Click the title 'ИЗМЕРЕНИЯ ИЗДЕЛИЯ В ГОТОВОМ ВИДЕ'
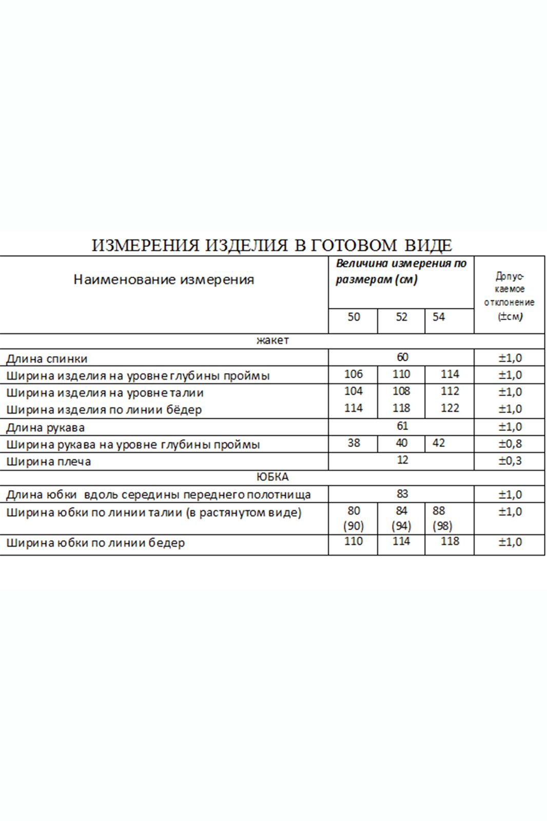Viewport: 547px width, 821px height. tap(272, 245)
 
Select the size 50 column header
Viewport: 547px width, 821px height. tap(354, 317)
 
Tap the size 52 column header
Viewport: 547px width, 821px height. tap(401, 317)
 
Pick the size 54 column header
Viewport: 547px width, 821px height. tap(438, 317)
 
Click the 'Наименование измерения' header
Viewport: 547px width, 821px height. tap(164, 280)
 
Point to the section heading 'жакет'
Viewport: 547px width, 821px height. tap(272, 340)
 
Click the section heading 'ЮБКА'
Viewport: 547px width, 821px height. tap(272, 477)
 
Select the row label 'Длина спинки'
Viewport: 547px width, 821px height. tap(47, 359)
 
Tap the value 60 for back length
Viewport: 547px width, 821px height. tap(402, 357)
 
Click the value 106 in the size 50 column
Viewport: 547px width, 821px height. tap(353, 374)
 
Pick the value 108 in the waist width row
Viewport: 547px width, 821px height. tap(401, 392)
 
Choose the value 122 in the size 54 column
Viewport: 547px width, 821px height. tap(450, 408)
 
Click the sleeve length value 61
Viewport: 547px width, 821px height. tap(402, 426)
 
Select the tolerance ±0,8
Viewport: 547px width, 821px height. tap(510, 443)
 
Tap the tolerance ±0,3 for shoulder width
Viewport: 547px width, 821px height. tap(510, 461)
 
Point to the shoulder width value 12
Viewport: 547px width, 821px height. tap(402, 460)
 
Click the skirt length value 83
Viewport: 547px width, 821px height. tap(402, 494)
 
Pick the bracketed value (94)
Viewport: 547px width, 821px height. tap(401, 526)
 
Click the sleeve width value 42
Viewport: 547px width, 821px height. tap(438, 443)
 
